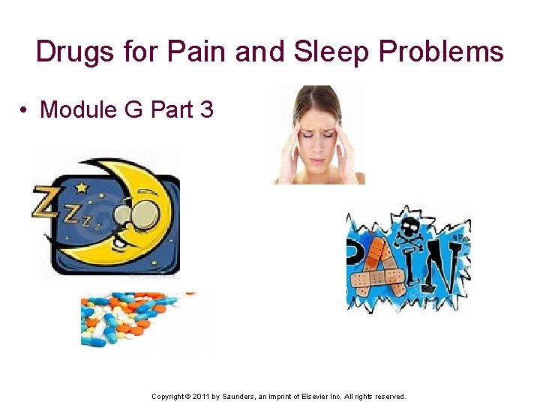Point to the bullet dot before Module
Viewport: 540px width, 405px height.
click(25, 110)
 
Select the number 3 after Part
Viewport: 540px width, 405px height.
click(206, 110)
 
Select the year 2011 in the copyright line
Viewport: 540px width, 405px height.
click(200, 396)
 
